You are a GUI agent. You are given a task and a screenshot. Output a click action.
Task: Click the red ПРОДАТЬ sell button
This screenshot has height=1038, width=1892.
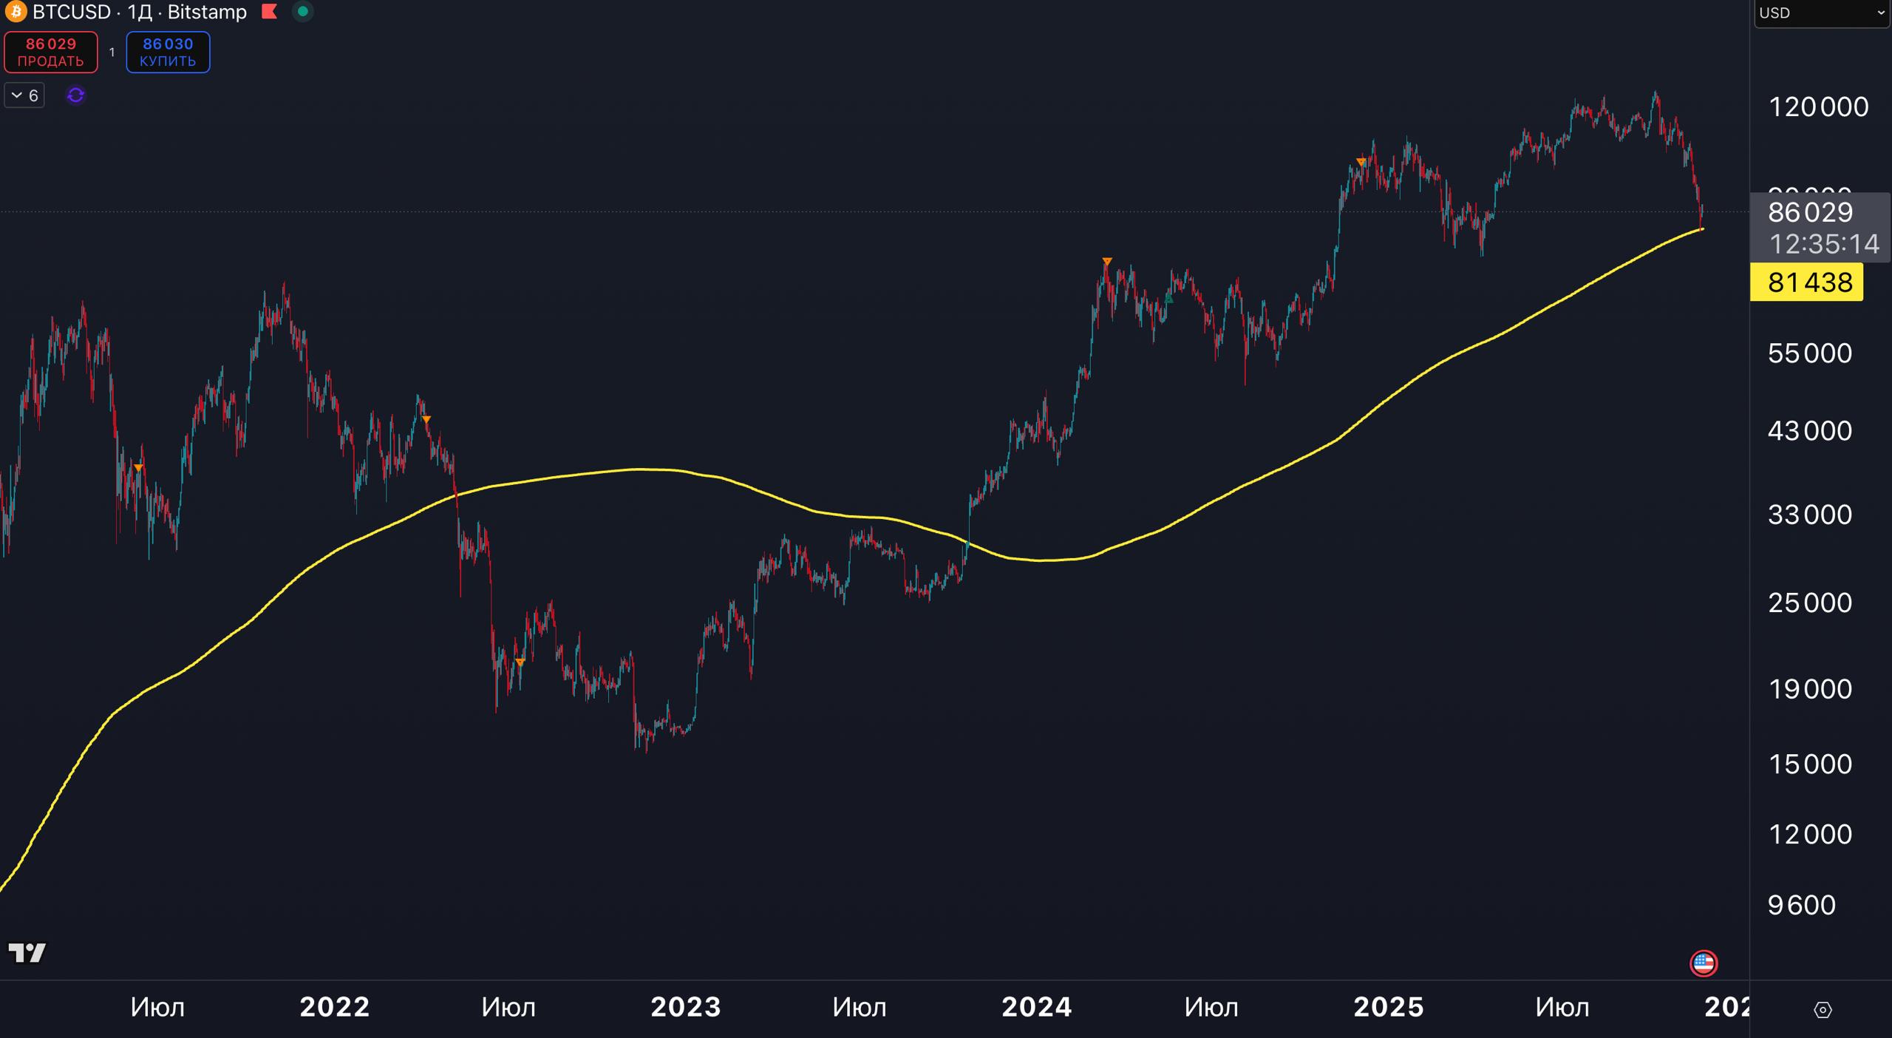click(x=51, y=52)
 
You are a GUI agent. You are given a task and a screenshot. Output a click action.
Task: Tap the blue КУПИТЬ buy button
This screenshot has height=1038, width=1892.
click(x=168, y=52)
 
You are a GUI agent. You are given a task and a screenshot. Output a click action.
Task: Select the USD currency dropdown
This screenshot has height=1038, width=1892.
click(x=1821, y=13)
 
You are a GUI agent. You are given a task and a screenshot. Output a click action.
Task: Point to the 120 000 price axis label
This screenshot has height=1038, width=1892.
click(x=1818, y=107)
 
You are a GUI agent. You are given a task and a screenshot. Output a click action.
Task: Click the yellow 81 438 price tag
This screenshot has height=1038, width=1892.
click(x=1806, y=282)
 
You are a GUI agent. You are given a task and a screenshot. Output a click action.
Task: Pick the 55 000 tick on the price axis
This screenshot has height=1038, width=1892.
click(x=1810, y=353)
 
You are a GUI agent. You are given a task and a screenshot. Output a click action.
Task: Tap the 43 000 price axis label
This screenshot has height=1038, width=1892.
click(x=1810, y=431)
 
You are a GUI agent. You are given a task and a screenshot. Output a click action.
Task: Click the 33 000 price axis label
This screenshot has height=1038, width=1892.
click(x=1810, y=515)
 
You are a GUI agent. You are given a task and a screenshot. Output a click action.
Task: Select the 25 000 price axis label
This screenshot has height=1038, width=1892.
click(x=1810, y=603)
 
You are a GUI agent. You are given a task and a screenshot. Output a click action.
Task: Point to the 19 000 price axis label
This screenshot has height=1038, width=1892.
click(x=1810, y=690)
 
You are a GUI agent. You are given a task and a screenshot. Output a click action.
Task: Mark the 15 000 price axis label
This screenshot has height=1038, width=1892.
click(x=1810, y=764)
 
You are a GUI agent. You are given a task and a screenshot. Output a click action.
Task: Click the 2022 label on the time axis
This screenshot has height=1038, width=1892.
click(x=335, y=1008)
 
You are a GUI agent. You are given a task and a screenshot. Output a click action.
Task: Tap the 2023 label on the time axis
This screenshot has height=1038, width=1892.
click(x=686, y=1008)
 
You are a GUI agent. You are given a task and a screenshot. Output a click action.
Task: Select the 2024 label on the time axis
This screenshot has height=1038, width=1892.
click(x=1037, y=1008)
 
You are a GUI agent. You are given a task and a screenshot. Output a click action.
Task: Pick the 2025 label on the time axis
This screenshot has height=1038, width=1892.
click(x=1389, y=1008)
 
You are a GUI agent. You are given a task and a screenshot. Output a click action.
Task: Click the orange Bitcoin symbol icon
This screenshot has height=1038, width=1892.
click(x=16, y=12)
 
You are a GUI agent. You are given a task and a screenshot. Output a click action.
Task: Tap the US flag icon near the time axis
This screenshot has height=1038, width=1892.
click(x=1704, y=963)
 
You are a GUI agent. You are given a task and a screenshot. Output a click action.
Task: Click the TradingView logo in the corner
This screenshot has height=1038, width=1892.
click(x=27, y=953)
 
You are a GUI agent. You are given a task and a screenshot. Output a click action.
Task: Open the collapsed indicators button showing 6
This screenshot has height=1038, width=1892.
click(x=24, y=95)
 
